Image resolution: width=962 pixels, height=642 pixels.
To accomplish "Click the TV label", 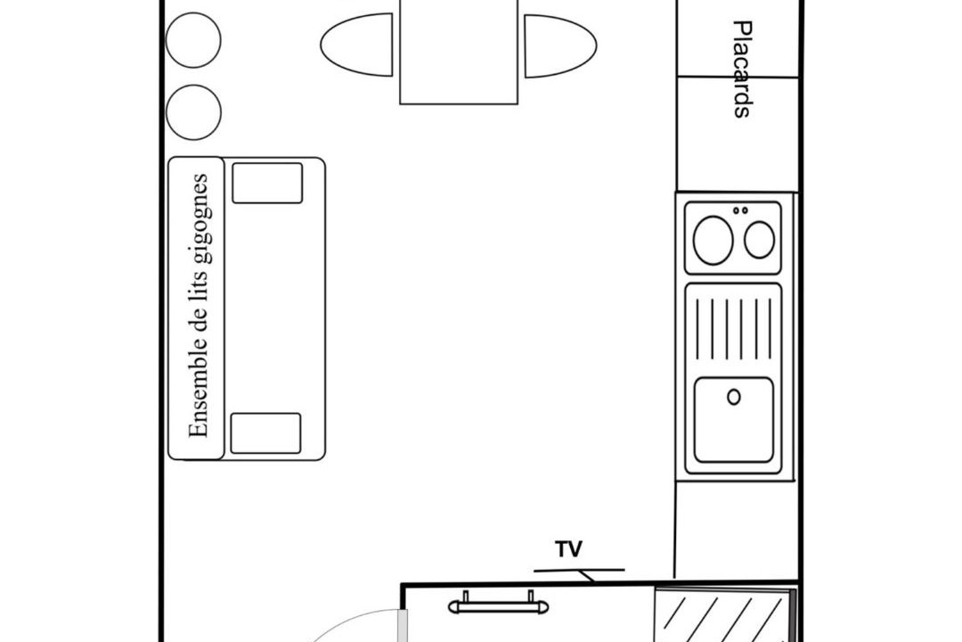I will [x=569, y=549].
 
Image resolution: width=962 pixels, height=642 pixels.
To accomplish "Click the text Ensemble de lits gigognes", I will [x=199, y=306].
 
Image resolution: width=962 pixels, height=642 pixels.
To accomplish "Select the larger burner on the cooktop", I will [x=713, y=240].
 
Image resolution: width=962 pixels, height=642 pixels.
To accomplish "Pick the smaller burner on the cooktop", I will [x=760, y=239].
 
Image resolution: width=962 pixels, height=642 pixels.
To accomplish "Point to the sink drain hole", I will [x=734, y=397].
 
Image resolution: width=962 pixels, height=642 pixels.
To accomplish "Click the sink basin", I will [x=734, y=420].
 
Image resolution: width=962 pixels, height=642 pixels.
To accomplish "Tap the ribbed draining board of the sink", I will [x=734, y=328].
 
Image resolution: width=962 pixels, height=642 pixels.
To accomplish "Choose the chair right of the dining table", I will [x=558, y=45].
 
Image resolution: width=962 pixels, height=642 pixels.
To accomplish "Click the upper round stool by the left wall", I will [x=193, y=40].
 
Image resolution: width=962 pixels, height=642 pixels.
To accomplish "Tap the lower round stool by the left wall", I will [x=193, y=111].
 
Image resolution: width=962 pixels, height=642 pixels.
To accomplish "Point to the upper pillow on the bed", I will [x=267, y=183].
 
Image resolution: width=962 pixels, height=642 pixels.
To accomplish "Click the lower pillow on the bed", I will [x=265, y=432].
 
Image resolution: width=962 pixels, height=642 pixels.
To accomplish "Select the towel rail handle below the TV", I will [x=498, y=606].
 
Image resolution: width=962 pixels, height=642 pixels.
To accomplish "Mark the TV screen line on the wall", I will [x=579, y=569].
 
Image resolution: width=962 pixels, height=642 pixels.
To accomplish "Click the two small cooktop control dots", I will [x=740, y=210].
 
